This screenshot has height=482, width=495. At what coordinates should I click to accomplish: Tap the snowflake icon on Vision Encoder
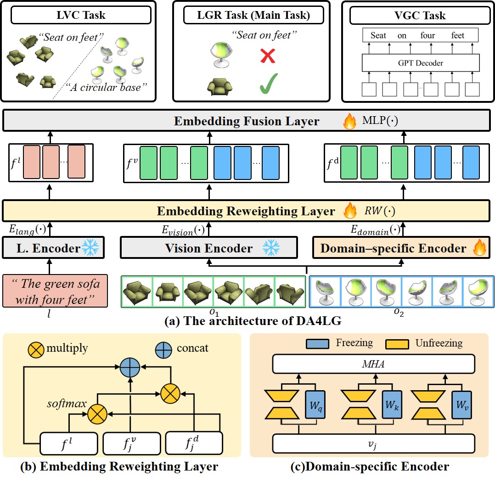click(x=271, y=248)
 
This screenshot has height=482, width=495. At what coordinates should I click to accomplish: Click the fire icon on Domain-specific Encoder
click(x=478, y=249)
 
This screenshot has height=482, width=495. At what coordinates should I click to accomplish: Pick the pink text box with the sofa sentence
click(x=55, y=291)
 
